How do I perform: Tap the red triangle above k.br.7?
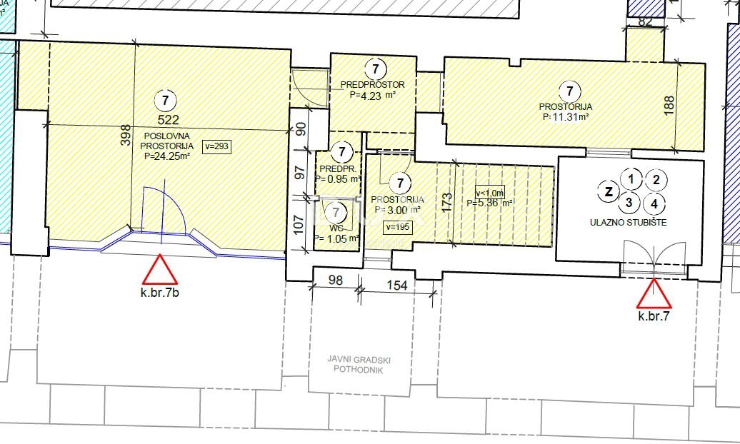pyautogui.click(x=654, y=294)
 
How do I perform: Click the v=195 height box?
pyautogui.click(x=397, y=227)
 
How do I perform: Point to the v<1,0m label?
pyautogui.click(x=490, y=192)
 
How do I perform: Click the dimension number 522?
pyautogui.click(x=165, y=119)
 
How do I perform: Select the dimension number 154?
pyautogui.click(x=396, y=286)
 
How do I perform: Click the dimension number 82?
pyautogui.click(x=645, y=21)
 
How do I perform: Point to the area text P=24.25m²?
pyautogui.click(x=166, y=156)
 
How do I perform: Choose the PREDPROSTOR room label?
pyautogui.click(x=377, y=85)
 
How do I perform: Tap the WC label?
pyautogui.click(x=336, y=228)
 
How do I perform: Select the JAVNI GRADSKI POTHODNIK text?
pyautogui.click(x=361, y=365)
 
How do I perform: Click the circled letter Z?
pyautogui.click(x=609, y=191)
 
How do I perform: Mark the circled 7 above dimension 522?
pyautogui.click(x=165, y=99)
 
